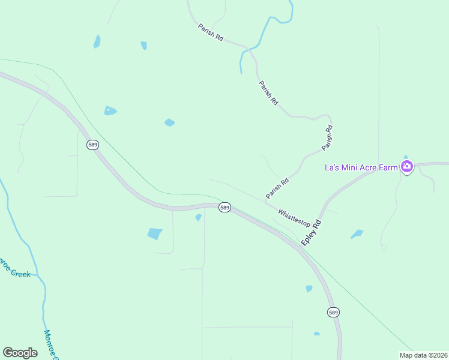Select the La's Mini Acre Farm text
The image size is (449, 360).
coord(361,167)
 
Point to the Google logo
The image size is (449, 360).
coord(20,353)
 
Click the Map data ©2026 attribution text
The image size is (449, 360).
coord(424,355)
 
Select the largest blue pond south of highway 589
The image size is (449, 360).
coord(155,233)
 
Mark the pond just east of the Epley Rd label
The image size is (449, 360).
coord(357,233)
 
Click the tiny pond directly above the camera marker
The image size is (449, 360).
coord(406,157)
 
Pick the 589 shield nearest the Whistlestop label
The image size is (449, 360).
coord(224,207)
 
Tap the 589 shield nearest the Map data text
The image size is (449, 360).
coord(334,312)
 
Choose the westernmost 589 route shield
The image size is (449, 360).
coord(92,145)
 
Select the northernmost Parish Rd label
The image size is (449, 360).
coord(211,32)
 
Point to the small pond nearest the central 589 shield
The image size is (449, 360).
coord(198,217)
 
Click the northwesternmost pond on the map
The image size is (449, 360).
coord(97,41)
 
